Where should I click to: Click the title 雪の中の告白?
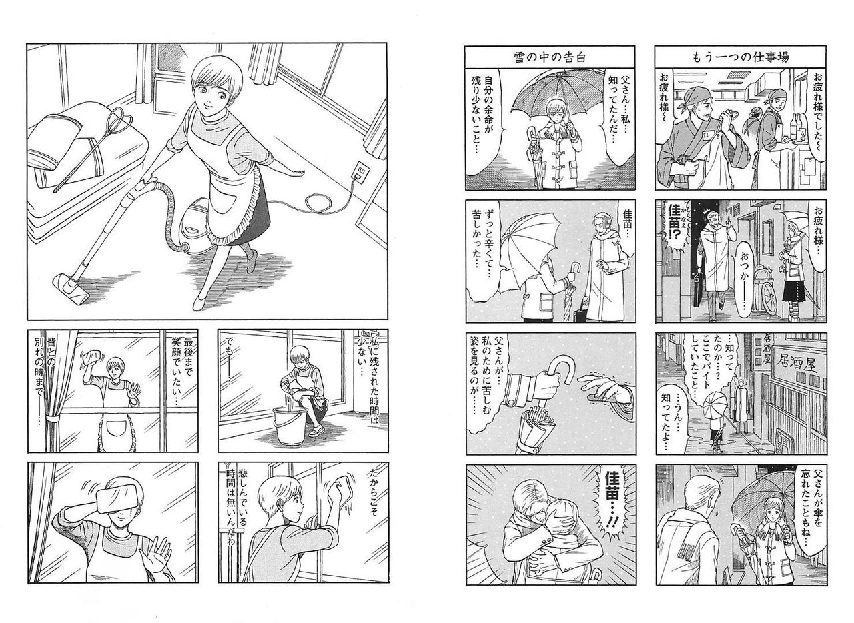click(550, 57)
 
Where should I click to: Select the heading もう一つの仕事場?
click(741, 57)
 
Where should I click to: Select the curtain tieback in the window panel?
click(51, 420)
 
